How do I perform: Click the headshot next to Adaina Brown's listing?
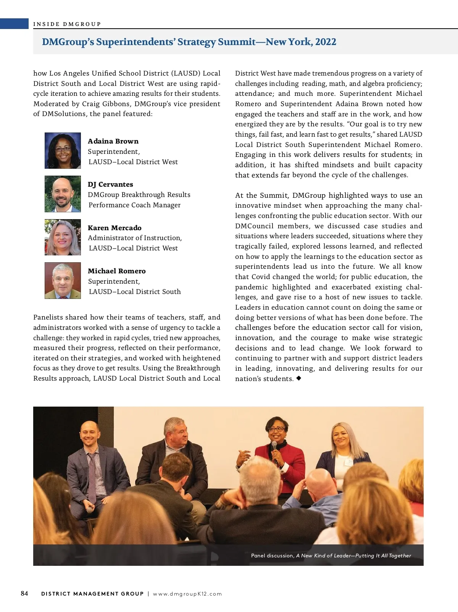click(x=63, y=150)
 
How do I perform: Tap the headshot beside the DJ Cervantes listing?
click(x=63, y=194)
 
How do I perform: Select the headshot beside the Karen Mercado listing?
click(x=63, y=237)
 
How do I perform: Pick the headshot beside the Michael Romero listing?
click(x=63, y=281)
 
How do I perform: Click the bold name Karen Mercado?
click(x=114, y=228)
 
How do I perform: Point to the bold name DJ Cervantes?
click(x=110, y=184)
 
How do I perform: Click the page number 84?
click(x=24, y=593)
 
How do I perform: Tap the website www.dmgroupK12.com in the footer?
click(x=187, y=594)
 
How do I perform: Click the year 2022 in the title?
click(x=326, y=42)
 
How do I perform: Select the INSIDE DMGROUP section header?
click(x=67, y=24)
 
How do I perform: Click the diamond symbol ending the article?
click(x=298, y=378)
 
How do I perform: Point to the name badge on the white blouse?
click(x=348, y=462)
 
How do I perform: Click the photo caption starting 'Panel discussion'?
click(x=331, y=555)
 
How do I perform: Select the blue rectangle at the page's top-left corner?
click(x=14, y=24)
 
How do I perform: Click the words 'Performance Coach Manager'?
click(x=134, y=205)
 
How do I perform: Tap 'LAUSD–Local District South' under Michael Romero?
click(x=135, y=292)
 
